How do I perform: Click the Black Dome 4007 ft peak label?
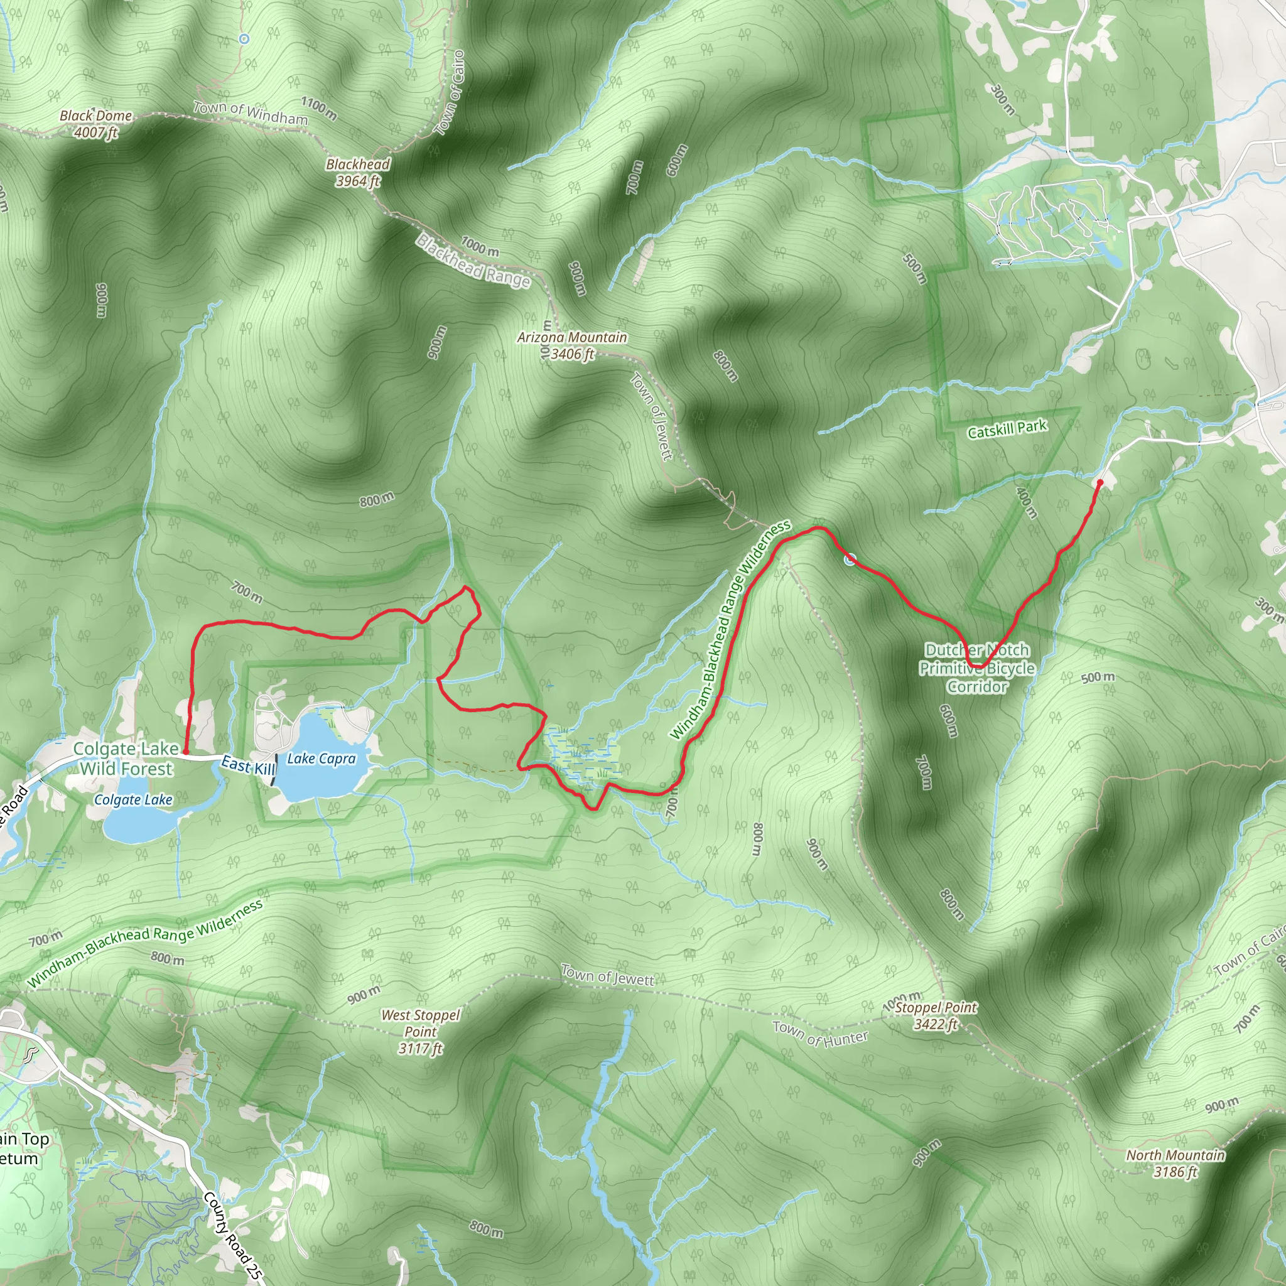96,124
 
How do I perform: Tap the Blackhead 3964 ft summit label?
358,173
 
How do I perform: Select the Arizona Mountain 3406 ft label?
573,345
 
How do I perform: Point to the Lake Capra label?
321,759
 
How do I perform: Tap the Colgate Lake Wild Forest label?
126,759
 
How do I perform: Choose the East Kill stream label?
247,765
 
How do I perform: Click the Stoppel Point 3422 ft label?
935,1016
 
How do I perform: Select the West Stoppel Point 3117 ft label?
420,1032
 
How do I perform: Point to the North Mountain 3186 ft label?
1175,1164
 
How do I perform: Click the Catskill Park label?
1007,430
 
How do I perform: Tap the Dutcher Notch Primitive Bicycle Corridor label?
977,668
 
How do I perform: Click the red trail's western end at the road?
185,753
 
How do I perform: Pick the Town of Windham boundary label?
251,112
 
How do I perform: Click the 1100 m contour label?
319,109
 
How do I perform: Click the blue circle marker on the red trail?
850,559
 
